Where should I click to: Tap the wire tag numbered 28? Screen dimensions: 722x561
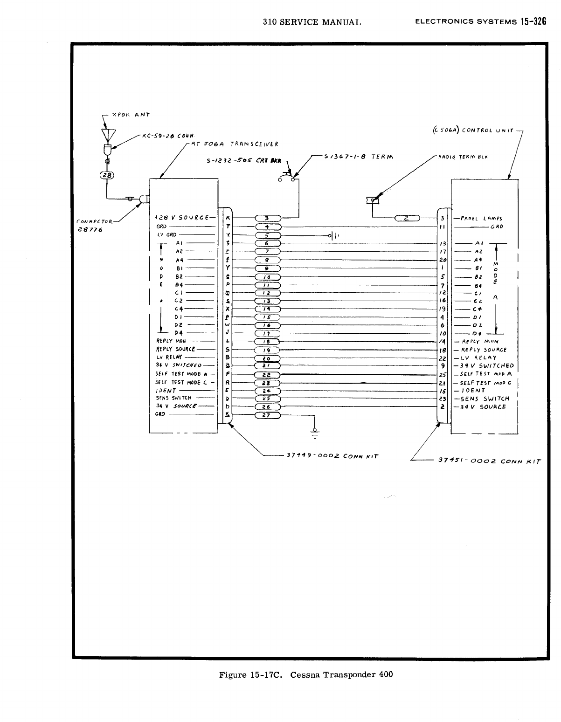pyautogui.click(x=107, y=175)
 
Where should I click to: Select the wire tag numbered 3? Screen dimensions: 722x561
pyautogui.click(x=267, y=218)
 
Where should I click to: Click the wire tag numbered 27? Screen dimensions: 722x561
pyautogui.click(x=267, y=415)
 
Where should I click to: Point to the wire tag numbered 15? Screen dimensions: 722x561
pyautogui.click(x=267, y=317)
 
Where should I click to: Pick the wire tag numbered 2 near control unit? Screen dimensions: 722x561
pyautogui.click(x=407, y=218)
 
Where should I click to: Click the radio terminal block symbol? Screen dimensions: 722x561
pyautogui.click(x=372, y=200)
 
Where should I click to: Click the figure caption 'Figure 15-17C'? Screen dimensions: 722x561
pyautogui.click(x=249, y=674)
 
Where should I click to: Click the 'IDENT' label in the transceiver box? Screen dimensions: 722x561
pyautogui.click(x=166, y=390)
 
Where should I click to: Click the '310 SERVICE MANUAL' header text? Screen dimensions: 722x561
pyautogui.click(x=312, y=22)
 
